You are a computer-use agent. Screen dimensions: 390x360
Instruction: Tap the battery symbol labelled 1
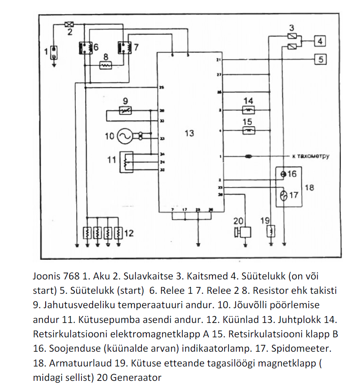point(54,53)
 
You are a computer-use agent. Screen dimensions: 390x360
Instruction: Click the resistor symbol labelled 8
point(106,65)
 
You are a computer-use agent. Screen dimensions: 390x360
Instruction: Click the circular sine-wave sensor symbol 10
point(124,137)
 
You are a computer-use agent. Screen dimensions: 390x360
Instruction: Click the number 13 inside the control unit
point(189,133)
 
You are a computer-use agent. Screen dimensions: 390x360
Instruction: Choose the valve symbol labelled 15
point(248,130)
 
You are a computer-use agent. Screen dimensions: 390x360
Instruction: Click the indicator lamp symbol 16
point(283,174)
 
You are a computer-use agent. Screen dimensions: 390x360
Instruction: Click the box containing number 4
point(320,41)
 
